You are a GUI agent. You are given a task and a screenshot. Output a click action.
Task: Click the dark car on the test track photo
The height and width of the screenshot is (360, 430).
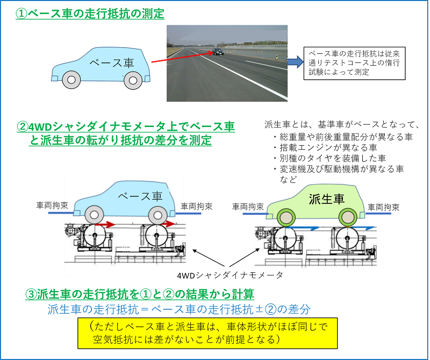coord(218,51)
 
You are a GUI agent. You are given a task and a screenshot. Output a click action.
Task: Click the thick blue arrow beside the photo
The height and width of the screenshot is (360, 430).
coord(295,62)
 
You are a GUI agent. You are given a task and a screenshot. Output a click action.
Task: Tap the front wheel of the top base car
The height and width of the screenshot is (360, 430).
coord(71,80)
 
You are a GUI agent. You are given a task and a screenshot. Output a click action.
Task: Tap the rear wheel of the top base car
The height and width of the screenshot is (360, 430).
coord(133,81)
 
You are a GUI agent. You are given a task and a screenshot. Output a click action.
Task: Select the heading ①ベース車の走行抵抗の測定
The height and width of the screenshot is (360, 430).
coord(90,13)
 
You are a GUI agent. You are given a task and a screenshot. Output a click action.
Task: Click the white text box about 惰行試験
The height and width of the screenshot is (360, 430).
coord(354,63)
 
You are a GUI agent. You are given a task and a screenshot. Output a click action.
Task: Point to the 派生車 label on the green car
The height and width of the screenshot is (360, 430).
coord(327,199)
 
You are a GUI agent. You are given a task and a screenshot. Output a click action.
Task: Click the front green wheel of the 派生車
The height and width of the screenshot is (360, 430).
coord(286,217)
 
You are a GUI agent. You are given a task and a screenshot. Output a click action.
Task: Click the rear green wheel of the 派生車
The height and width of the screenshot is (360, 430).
coord(348,217)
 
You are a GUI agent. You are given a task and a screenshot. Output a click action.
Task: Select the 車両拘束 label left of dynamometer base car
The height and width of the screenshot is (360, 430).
coord(52,206)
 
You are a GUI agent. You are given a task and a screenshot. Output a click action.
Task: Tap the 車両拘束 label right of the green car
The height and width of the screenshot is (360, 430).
coord(383,207)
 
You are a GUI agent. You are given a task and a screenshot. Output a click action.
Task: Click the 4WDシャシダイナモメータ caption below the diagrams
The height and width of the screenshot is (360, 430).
coord(230,275)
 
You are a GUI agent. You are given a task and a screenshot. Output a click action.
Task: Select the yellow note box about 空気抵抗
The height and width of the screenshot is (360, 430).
coord(207,334)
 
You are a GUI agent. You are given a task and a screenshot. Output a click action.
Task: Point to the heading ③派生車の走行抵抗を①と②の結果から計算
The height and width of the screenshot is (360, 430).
coord(140,294)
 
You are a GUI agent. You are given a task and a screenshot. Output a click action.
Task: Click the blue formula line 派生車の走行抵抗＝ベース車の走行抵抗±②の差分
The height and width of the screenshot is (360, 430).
coord(179,309)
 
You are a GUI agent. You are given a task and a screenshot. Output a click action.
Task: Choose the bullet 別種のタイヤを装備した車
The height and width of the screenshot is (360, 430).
coord(330,158)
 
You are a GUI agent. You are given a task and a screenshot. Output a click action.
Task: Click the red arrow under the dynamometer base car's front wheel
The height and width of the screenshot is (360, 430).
coord(105,224)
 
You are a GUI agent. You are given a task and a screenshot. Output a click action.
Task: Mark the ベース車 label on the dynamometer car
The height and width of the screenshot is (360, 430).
coord(140,196)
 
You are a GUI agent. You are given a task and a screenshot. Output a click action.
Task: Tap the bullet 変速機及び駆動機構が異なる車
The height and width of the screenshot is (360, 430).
coord(339,169)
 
